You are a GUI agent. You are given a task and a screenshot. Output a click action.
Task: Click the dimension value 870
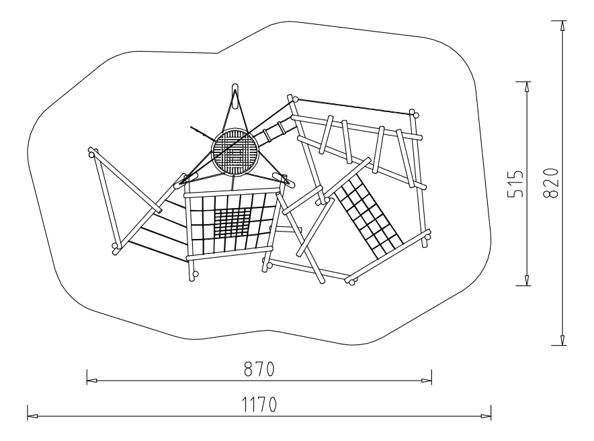coord(259,369)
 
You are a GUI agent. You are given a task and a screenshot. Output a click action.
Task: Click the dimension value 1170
coord(259,405)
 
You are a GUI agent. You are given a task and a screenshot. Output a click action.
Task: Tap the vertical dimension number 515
coord(515,184)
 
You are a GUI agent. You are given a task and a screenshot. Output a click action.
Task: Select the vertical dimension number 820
coord(551,183)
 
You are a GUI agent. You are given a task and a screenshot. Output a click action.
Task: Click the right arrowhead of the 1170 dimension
coord(486,416)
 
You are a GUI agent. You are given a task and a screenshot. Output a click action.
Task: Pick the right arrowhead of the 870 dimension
coord(427,381)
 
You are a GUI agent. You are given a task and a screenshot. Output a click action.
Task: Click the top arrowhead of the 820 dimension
coord(563,26)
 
